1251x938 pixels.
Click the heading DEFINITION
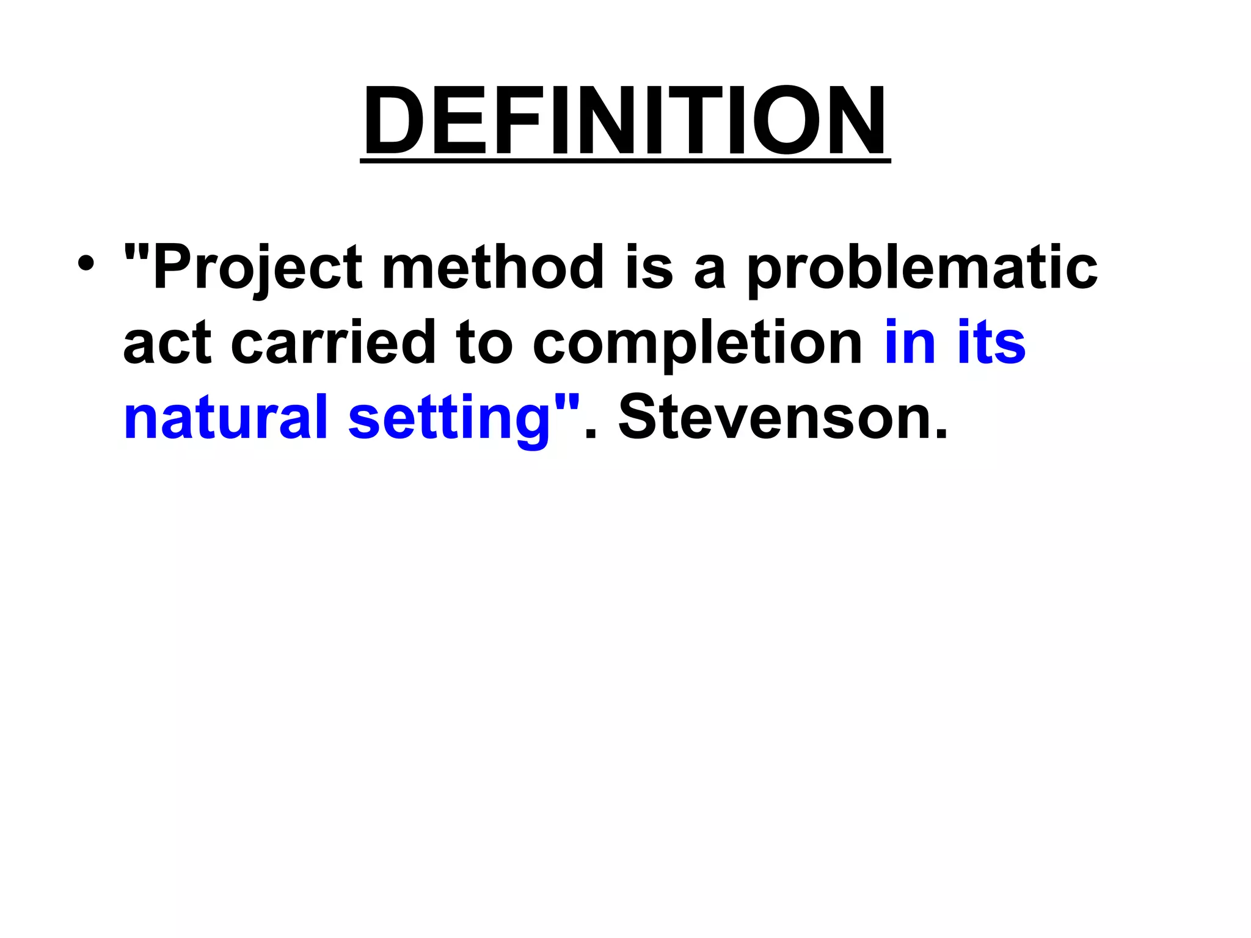pos(625,121)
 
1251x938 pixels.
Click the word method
pos(492,267)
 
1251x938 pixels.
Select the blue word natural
pos(225,418)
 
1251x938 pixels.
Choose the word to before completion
pos(484,343)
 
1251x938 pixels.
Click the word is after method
pos(649,267)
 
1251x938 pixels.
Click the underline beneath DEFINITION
pos(625,161)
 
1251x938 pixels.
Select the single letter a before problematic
pos(710,273)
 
